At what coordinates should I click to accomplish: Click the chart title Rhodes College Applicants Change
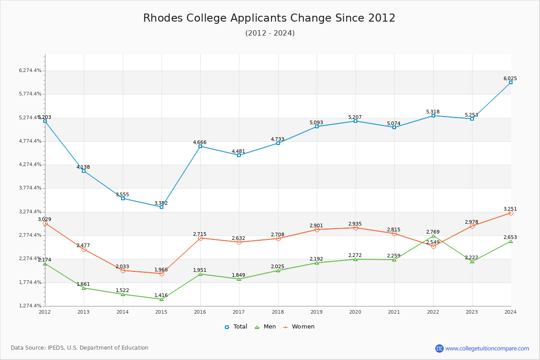[269, 18]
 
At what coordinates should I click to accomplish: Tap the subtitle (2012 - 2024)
[270, 33]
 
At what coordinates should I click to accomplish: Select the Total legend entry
[236, 327]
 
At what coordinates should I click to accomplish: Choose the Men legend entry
[266, 327]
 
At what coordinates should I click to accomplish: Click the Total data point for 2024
[511, 82]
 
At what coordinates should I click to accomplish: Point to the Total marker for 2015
[162, 207]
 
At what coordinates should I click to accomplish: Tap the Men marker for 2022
[433, 236]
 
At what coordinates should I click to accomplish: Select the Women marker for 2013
[84, 249]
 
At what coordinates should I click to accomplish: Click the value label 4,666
[200, 142]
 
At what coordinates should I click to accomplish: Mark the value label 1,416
[161, 296]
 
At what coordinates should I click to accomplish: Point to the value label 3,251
[510, 209]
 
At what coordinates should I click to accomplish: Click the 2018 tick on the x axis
[278, 312]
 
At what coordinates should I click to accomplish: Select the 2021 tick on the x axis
[394, 312]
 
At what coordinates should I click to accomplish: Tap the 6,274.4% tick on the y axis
[30, 71]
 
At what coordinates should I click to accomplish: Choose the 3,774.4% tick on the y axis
[30, 188]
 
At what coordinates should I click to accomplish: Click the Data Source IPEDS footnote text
[80, 348]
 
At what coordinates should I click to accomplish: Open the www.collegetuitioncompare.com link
[487, 348]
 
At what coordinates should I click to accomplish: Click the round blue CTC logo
[439, 348]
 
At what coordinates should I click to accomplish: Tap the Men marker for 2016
[200, 274]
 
